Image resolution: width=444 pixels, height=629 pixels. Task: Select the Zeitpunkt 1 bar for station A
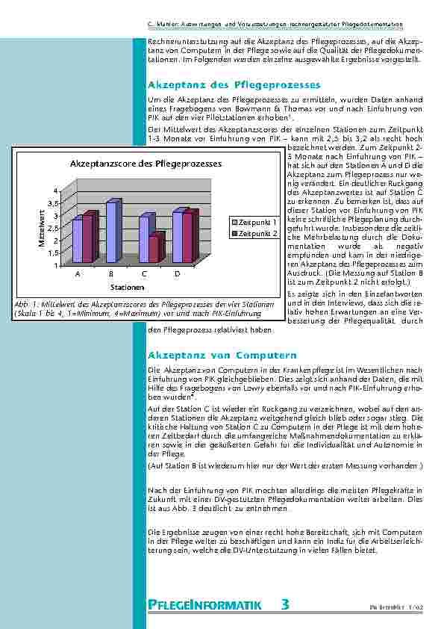click(77, 241)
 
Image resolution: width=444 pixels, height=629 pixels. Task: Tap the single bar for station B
click(111, 231)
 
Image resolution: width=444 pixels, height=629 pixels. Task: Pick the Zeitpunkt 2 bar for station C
click(154, 249)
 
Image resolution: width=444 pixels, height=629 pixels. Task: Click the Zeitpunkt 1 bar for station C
click(144, 238)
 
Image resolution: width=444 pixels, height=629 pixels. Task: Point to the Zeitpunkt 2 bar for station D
click(188, 237)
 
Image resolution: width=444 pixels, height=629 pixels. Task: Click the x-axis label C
click(143, 275)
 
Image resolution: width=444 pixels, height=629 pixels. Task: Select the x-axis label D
click(177, 275)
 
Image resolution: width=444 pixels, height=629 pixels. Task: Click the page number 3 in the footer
click(286, 604)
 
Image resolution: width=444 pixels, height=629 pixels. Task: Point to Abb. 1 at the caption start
click(25, 305)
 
